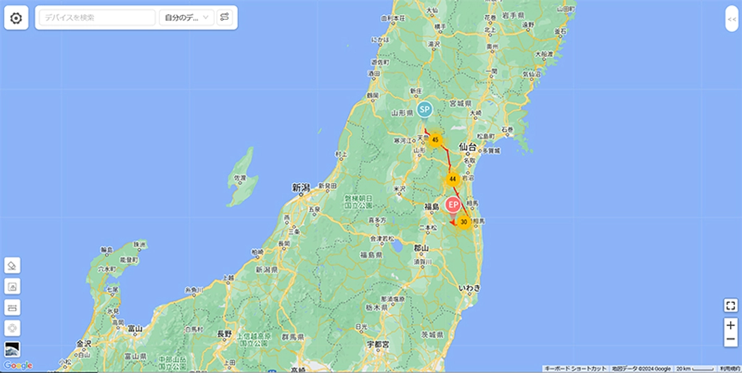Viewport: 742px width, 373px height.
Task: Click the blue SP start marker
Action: pos(424,110)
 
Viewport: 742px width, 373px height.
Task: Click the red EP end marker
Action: pos(453,205)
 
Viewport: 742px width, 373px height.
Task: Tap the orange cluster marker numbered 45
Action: pos(435,140)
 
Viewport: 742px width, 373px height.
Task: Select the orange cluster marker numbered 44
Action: pos(453,179)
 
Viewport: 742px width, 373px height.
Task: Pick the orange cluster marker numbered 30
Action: pos(464,221)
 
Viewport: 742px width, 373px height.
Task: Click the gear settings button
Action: pos(16,18)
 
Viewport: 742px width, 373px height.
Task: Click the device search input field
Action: pos(98,18)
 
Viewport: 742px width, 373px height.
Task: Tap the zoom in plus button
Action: pos(730,325)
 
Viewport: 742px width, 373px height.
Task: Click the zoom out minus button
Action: pos(730,340)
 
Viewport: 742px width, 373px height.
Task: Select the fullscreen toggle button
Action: pos(730,305)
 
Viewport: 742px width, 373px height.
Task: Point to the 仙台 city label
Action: pos(467,147)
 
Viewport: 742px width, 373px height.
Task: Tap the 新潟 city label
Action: pos(301,187)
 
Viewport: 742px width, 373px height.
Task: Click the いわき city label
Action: pos(468,288)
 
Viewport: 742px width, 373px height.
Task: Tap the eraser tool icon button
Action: pos(12,265)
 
